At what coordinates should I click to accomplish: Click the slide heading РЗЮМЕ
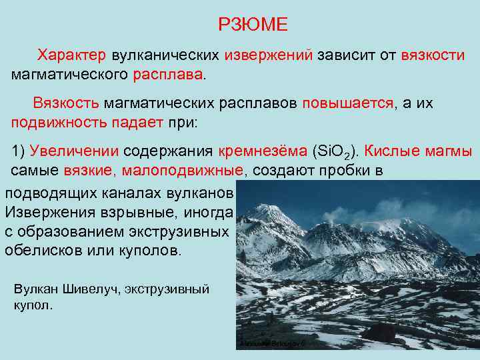click(x=253, y=25)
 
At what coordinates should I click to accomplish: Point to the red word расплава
click(x=169, y=72)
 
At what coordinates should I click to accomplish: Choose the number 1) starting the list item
click(x=19, y=151)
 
